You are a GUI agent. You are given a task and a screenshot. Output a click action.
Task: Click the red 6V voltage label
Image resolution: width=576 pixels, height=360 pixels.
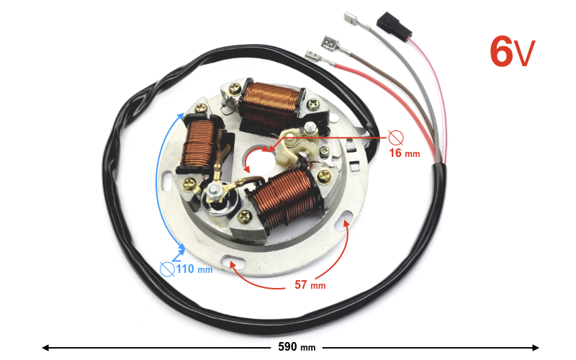[x=513, y=51]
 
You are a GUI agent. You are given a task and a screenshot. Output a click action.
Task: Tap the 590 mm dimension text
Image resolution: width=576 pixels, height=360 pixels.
[x=297, y=347]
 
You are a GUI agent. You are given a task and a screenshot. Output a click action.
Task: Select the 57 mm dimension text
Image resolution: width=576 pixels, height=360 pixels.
[x=310, y=284]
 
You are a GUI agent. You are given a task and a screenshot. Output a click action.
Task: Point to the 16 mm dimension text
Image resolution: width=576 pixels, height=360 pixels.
[x=405, y=153]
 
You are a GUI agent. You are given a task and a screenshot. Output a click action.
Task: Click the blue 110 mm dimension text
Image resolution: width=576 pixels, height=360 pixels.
[x=194, y=269]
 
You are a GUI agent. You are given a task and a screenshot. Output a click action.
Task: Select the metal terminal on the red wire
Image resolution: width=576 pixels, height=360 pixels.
[x=318, y=58]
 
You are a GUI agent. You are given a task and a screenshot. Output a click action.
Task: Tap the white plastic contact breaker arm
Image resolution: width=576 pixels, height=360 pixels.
[x=296, y=145]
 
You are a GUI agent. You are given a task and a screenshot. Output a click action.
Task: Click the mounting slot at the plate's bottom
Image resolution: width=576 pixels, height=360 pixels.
[x=233, y=261]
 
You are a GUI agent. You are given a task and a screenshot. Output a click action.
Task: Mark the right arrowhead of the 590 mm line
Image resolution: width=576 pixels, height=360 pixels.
[x=535, y=347]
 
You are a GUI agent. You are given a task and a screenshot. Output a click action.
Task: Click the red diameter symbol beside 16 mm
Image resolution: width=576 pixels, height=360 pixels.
[x=396, y=138]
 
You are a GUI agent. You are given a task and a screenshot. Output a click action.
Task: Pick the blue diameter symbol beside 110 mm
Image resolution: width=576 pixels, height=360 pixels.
[x=167, y=269]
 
